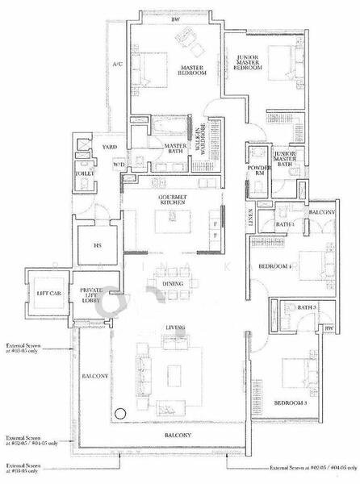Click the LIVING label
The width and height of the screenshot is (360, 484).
click(x=175, y=328)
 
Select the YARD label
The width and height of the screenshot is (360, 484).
click(x=110, y=148)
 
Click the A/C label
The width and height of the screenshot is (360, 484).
click(x=116, y=64)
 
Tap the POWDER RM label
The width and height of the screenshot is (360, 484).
click(x=259, y=170)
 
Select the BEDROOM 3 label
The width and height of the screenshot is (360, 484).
click(x=289, y=402)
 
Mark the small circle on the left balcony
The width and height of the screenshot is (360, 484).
click(x=120, y=414)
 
